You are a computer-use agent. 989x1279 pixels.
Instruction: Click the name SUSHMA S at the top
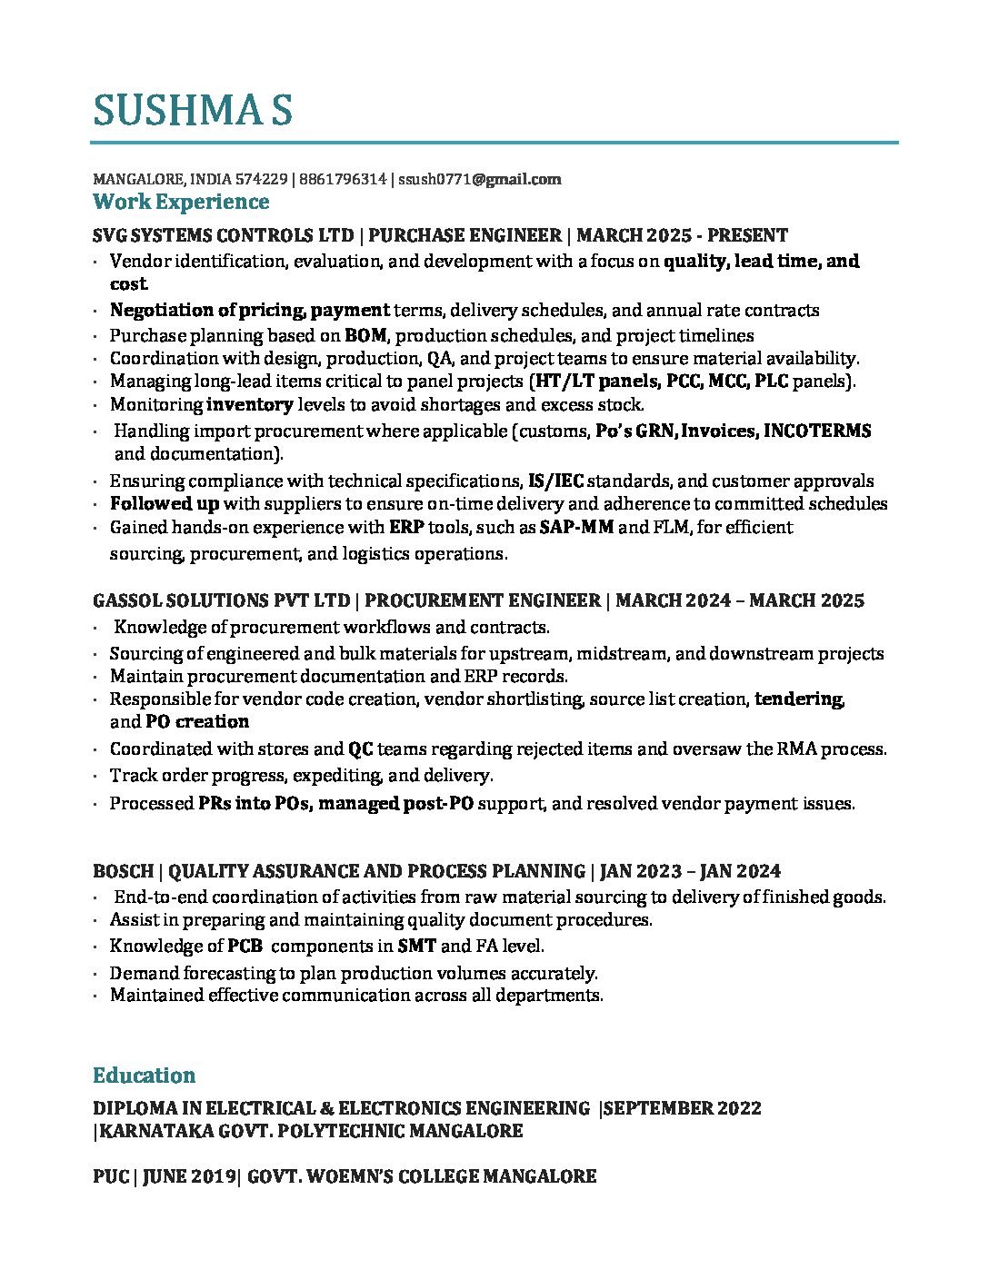(x=192, y=110)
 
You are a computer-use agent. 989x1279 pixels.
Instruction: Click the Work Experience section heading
(x=181, y=202)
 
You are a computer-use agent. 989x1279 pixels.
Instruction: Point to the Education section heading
(x=144, y=1076)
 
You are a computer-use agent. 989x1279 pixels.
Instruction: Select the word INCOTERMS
(x=817, y=431)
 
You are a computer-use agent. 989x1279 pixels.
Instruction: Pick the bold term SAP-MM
(x=576, y=528)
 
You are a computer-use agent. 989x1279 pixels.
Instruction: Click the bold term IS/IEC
(x=555, y=481)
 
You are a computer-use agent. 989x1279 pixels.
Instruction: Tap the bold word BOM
(x=365, y=335)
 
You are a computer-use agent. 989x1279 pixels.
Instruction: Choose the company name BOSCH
(x=123, y=871)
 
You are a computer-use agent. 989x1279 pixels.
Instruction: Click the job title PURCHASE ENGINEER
(x=465, y=235)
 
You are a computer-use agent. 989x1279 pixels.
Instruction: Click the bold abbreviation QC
(x=360, y=749)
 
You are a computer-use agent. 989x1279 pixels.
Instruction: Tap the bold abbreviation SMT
(x=416, y=946)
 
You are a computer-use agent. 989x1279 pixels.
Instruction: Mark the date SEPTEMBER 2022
(x=683, y=1108)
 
